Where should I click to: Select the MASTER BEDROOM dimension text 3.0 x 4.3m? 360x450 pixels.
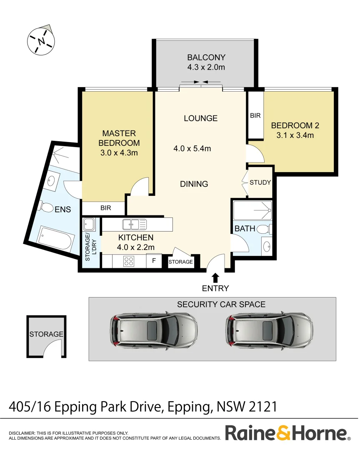tap(119, 152)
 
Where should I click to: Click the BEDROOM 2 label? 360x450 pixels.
tap(292, 125)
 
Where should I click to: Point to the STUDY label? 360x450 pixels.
tap(260, 182)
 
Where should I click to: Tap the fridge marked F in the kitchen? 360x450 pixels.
tap(154, 261)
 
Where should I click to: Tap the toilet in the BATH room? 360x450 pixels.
tap(264, 229)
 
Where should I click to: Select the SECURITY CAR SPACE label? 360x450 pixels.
tap(221, 304)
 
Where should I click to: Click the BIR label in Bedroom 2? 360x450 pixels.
tap(255, 115)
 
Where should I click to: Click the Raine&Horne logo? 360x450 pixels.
tap(287, 433)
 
